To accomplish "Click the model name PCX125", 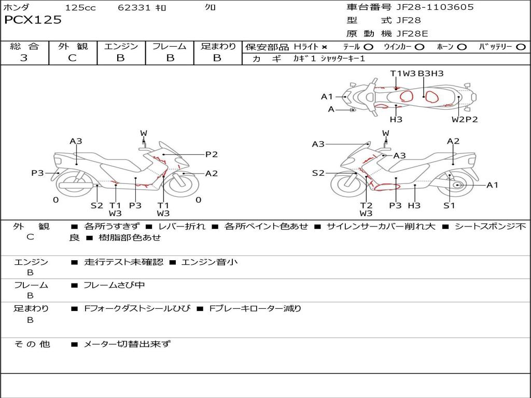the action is coord(33,20).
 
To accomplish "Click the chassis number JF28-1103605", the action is coord(435,7).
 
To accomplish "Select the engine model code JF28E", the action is coord(412,34).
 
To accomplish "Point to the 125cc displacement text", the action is coord(80,7).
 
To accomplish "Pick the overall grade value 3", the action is coord(24,58).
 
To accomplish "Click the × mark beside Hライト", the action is coord(325,47).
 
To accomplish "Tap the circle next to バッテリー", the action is coord(521,47).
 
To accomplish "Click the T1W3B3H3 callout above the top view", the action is coord(417,74).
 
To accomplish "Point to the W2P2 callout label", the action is coord(465,120).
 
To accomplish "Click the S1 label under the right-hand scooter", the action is coord(449,205).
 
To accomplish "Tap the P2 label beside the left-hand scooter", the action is coord(212,154).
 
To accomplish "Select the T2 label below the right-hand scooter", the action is coord(366,205).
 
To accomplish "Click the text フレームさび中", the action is coord(114,285).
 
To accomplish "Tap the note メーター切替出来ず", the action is coord(127,344).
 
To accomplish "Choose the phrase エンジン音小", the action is coord(209,262).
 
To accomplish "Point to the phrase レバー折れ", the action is coord(182,226).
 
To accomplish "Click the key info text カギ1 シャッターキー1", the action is coord(329,59).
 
